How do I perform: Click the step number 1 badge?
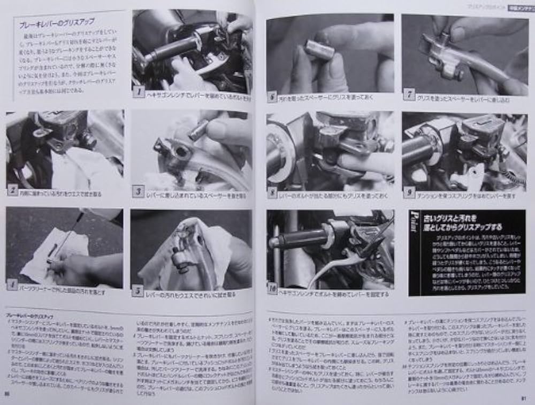tap(139, 92)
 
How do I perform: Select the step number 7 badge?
tap(409, 95)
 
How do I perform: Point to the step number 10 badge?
tap(272, 289)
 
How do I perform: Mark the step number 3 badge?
tap(138, 191)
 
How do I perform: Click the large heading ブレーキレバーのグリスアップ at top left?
tap(57, 22)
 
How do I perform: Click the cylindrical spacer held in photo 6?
tap(319, 50)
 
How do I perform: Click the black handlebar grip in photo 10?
tap(300, 238)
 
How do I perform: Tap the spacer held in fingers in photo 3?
tap(198, 129)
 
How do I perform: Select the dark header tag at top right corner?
tap(518, 6)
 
